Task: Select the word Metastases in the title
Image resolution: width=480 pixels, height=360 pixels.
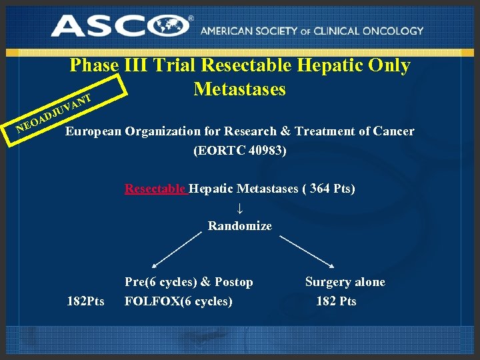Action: [239, 89]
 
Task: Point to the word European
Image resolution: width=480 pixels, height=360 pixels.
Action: [93, 131]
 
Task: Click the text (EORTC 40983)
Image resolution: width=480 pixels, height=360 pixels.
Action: [239, 151]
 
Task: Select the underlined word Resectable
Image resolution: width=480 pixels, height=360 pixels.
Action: [156, 189]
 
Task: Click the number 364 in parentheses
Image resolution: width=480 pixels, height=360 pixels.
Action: [319, 189]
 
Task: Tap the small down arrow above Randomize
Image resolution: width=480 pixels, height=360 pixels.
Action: [240, 207]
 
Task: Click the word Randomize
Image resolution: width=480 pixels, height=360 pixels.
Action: [239, 226]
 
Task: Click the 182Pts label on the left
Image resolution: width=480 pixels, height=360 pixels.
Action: [85, 301]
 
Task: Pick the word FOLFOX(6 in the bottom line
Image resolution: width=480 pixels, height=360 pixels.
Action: [159, 301]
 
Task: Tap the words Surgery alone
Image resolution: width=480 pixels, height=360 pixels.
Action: [345, 282]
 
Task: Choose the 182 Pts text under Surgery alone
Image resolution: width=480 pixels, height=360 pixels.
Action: [336, 301]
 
